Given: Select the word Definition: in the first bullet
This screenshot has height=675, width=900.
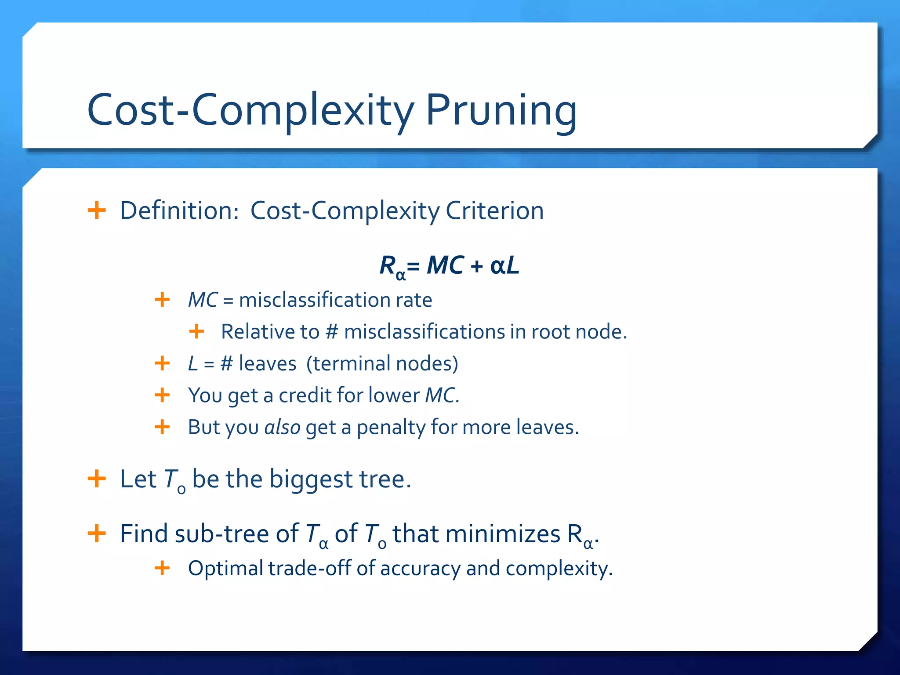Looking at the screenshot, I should point(179,210).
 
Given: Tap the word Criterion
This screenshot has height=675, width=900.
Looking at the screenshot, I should point(495,210).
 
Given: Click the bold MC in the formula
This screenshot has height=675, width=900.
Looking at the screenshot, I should point(445,265).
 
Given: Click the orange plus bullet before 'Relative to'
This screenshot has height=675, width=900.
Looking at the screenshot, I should point(196,331).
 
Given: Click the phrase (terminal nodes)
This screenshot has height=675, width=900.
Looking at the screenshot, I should point(382,364).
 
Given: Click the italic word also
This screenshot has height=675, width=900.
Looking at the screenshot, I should point(282,427).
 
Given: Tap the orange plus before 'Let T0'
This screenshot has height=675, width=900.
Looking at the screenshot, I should point(97,479).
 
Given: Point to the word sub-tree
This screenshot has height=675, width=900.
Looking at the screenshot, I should point(222,534).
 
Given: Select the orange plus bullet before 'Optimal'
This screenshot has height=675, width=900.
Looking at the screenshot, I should point(162,568).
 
